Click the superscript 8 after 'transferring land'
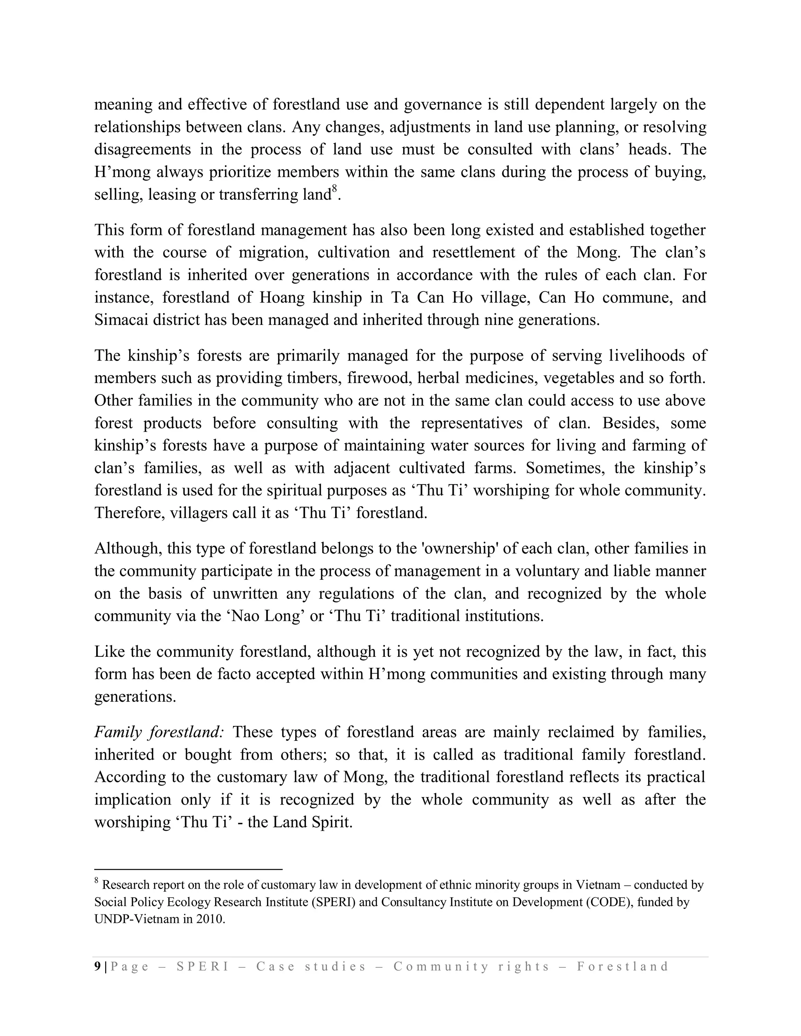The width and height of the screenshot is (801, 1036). coord(334,190)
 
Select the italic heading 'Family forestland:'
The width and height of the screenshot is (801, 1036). coord(159,732)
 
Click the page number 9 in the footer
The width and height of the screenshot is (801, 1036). coord(97,966)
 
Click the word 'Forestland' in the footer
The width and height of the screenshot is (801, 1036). coord(623,966)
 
